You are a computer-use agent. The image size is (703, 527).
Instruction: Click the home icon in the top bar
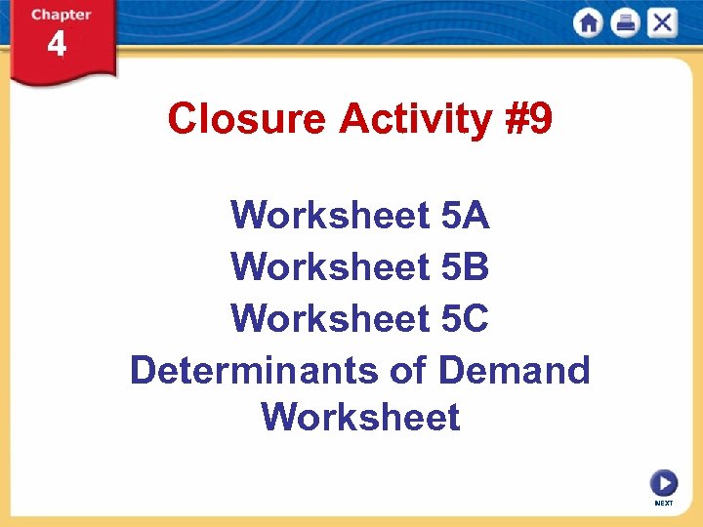589,22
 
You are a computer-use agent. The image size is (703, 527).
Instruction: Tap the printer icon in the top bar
625,22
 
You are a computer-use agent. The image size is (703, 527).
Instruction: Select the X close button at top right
662,22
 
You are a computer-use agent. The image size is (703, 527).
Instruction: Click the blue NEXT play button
664,483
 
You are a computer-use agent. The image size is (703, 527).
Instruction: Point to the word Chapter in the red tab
61,15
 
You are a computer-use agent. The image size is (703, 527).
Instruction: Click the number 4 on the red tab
58,45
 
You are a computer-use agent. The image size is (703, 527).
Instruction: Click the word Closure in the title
246,119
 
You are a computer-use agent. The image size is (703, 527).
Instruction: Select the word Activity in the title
416,119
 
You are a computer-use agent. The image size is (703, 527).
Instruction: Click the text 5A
465,215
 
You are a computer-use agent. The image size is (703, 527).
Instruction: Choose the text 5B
465,265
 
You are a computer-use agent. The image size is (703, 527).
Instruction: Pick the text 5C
465,317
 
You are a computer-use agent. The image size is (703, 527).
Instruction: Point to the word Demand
515,370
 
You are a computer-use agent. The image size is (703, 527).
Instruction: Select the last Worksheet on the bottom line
360,418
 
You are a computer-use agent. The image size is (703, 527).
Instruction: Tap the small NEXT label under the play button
664,504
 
